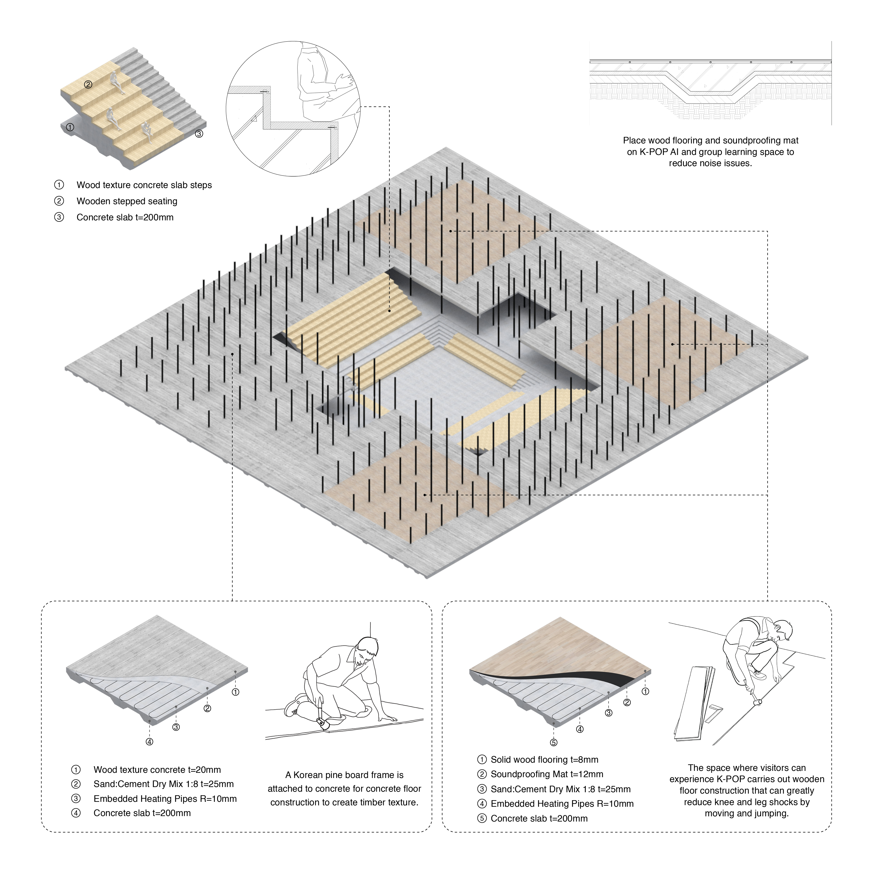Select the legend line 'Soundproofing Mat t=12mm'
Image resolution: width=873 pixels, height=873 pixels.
[x=547, y=774]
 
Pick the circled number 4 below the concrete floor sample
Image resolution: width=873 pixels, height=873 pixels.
[x=149, y=742]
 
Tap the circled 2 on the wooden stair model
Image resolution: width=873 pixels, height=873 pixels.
[x=88, y=85]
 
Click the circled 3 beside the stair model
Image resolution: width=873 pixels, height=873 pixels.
[x=199, y=134]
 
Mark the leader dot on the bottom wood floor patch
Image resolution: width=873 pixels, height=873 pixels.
[x=425, y=495]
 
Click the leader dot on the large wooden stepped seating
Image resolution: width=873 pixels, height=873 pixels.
[x=389, y=311]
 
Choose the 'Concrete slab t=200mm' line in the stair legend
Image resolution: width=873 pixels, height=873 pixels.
[x=125, y=217]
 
